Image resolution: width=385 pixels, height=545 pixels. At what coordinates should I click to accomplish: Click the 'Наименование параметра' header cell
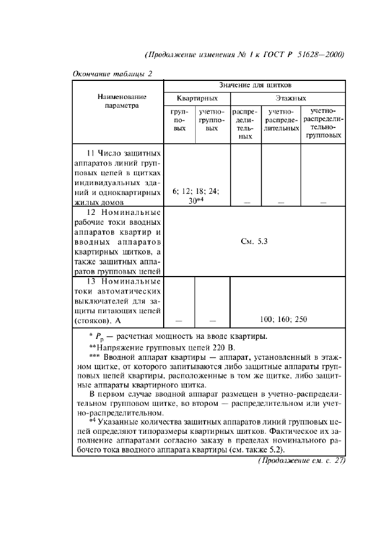118,102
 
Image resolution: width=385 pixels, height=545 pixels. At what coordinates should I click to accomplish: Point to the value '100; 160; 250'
284,319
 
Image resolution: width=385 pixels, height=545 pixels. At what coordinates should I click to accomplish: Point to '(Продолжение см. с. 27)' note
302,461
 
